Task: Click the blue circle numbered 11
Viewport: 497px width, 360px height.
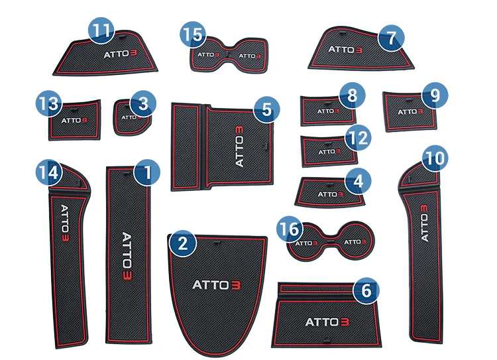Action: point(101,30)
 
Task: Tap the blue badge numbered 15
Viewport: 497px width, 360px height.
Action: point(193,34)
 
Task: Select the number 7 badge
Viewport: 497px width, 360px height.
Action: point(391,38)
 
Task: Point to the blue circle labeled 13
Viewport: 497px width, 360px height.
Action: point(49,103)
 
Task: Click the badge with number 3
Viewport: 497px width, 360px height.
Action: point(143,103)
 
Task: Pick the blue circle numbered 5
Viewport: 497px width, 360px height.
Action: point(267,109)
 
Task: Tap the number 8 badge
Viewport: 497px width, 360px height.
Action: point(352,95)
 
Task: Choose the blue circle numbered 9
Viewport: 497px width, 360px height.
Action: point(435,95)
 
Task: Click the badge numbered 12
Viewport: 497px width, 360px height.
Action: point(358,137)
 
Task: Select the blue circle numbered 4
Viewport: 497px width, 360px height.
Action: point(358,181)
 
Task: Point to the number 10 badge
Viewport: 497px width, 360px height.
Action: point(435,158)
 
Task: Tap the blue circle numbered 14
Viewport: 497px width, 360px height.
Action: point(49,172)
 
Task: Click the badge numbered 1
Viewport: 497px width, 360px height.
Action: point(147,172)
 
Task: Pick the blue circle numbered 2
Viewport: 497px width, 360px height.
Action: point(183,243)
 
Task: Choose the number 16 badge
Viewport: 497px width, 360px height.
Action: point(290,228)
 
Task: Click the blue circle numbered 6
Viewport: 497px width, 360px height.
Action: point(366,290)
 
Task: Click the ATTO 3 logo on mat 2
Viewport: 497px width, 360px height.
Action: point(217,285)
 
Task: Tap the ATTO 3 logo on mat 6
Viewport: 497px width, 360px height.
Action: point(327,322)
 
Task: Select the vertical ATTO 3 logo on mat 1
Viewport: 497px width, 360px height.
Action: point(127,257)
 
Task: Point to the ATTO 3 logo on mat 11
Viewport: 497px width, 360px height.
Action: point(120,54)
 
